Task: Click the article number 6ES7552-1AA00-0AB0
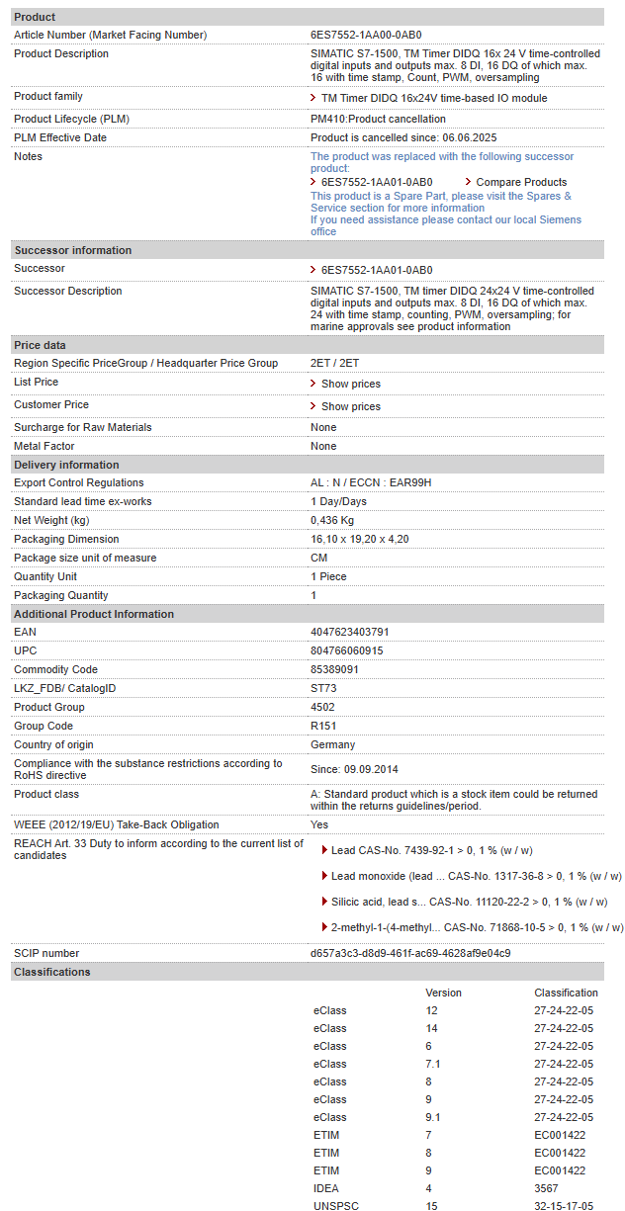pyautogui.click(x=366, y=35)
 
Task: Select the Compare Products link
pyautogui.click(x=521, y=182)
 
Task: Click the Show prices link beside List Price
pyautogui.click(x=350, y=384)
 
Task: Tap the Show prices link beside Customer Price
pyautogui.click(x=350, y=406)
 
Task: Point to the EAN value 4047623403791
pyautogui.click(x=349, y=632)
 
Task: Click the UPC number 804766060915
pyautogui.click(x=346, y=650)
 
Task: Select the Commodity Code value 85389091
pyautogui.click(x=334, y=669)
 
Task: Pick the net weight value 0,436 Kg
pyautogui.click(x=332, y=520)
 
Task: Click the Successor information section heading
pyautogui.click(x=72, y=250)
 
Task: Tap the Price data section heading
pyautogui.click(x=41, y=345)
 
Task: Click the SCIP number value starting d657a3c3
pyautogui.click(x=410, y=953)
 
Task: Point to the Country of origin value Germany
pyautogui.click(x=332, y=744)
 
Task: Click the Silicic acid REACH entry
pyautogui.click(x=469, y=902)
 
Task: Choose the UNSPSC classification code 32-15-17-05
pyautogui.click(x=564, y=1206)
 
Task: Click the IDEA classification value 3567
pyautogui.click(x=546, y=1188)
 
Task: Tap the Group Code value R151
pyautogui.click(x=323, y=726)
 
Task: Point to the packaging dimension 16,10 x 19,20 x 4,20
pyautogui.click(x=359, y=539)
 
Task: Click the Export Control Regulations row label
pyautogui.click(x=79, y=482)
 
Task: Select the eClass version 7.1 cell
pyautogui.click(x=433, y=1064)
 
